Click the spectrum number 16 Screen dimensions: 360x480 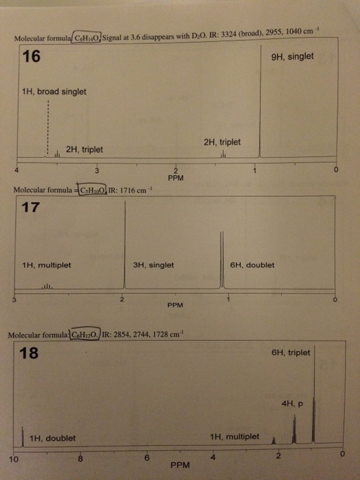[32, 56]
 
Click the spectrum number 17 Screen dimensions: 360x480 [30, 207]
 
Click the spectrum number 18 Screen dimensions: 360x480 [29, 352]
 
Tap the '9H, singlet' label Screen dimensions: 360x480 [292, 57]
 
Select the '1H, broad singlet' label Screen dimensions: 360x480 [54, 91]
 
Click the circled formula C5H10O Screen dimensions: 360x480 [93, 190]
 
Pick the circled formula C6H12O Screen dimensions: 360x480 [85, 335]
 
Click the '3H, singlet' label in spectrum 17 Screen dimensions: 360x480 [154, 265]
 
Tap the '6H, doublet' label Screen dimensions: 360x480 [252, 265]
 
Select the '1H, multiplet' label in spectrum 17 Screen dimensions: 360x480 [47, 265]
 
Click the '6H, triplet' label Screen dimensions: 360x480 [291, 352]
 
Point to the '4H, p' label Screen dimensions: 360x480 [292, 404]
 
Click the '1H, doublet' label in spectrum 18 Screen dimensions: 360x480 [52, 438]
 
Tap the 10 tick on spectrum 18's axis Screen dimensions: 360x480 [14, 459]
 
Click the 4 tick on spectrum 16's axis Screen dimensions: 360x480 [17, 170]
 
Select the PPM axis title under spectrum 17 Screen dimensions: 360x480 [175, 305]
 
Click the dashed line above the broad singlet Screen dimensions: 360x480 [48, 128]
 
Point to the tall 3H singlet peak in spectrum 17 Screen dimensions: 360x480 [125, 244]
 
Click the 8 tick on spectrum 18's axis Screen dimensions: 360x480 [80, 459]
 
